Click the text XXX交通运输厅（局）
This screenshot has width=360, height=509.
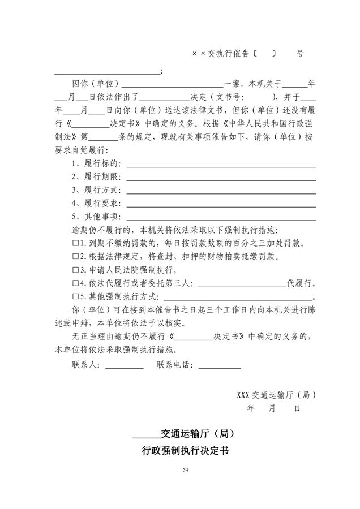(276, 395)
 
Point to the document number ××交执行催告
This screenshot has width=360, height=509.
(221, 54)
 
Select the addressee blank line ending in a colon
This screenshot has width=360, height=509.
(107, 72)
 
